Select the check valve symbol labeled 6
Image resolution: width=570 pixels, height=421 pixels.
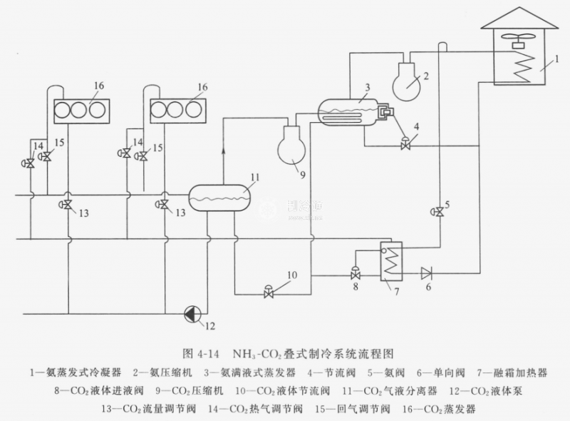[426, 272]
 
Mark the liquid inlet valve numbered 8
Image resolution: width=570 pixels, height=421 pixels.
[355, 273]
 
